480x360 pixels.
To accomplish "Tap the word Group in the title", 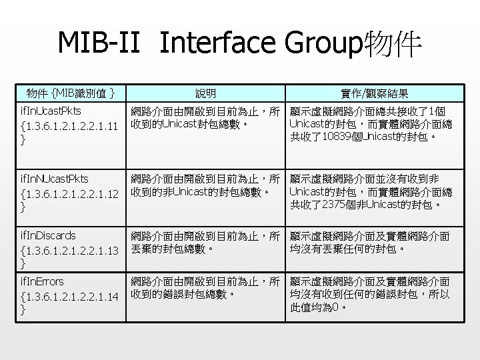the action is (321, 43).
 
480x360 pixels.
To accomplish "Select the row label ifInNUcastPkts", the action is (55, 179).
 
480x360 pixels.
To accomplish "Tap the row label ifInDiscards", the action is (49, 235).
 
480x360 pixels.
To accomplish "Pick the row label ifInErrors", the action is (43, 281).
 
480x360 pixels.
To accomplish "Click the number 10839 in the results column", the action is (341, 138).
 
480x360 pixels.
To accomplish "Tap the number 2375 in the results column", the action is (338, 205).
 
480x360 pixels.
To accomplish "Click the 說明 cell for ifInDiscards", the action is (206, 242).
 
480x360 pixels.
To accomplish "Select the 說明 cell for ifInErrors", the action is (206, 288).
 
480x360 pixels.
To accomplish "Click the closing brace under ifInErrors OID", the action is (23, 310).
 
